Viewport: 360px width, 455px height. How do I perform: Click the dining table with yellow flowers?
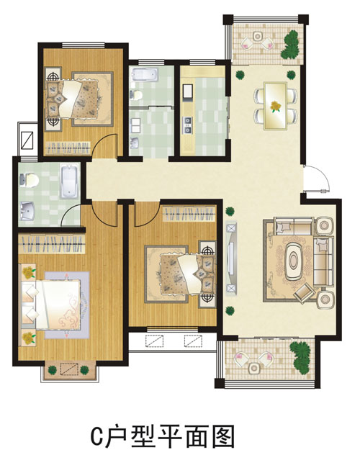pos(275,106)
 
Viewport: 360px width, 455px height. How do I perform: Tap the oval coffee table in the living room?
pos(294,261)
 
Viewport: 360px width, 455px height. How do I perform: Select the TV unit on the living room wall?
pos(231,258)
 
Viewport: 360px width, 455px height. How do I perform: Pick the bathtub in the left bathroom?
pos(70,181)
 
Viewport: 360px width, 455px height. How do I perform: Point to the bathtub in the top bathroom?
pos(145,74)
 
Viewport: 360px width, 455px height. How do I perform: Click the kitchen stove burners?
pos(187,125)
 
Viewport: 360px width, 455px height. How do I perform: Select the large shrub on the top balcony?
pos(290,45)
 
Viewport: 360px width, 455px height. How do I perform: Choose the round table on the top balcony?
pos(257,36)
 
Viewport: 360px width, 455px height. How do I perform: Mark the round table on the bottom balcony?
pos(254,368)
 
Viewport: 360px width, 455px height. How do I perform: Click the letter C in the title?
pos(97,436)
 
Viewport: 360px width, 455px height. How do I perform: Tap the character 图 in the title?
pos(223,436)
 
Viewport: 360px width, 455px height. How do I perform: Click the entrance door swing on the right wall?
pos(316,179)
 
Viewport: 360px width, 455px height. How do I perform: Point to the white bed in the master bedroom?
pos(51,305)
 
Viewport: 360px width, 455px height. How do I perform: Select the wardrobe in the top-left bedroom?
pos(68,148)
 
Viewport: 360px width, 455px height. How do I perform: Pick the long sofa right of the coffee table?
pos(324,261)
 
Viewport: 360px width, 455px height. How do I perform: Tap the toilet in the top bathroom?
pos(136,94)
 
